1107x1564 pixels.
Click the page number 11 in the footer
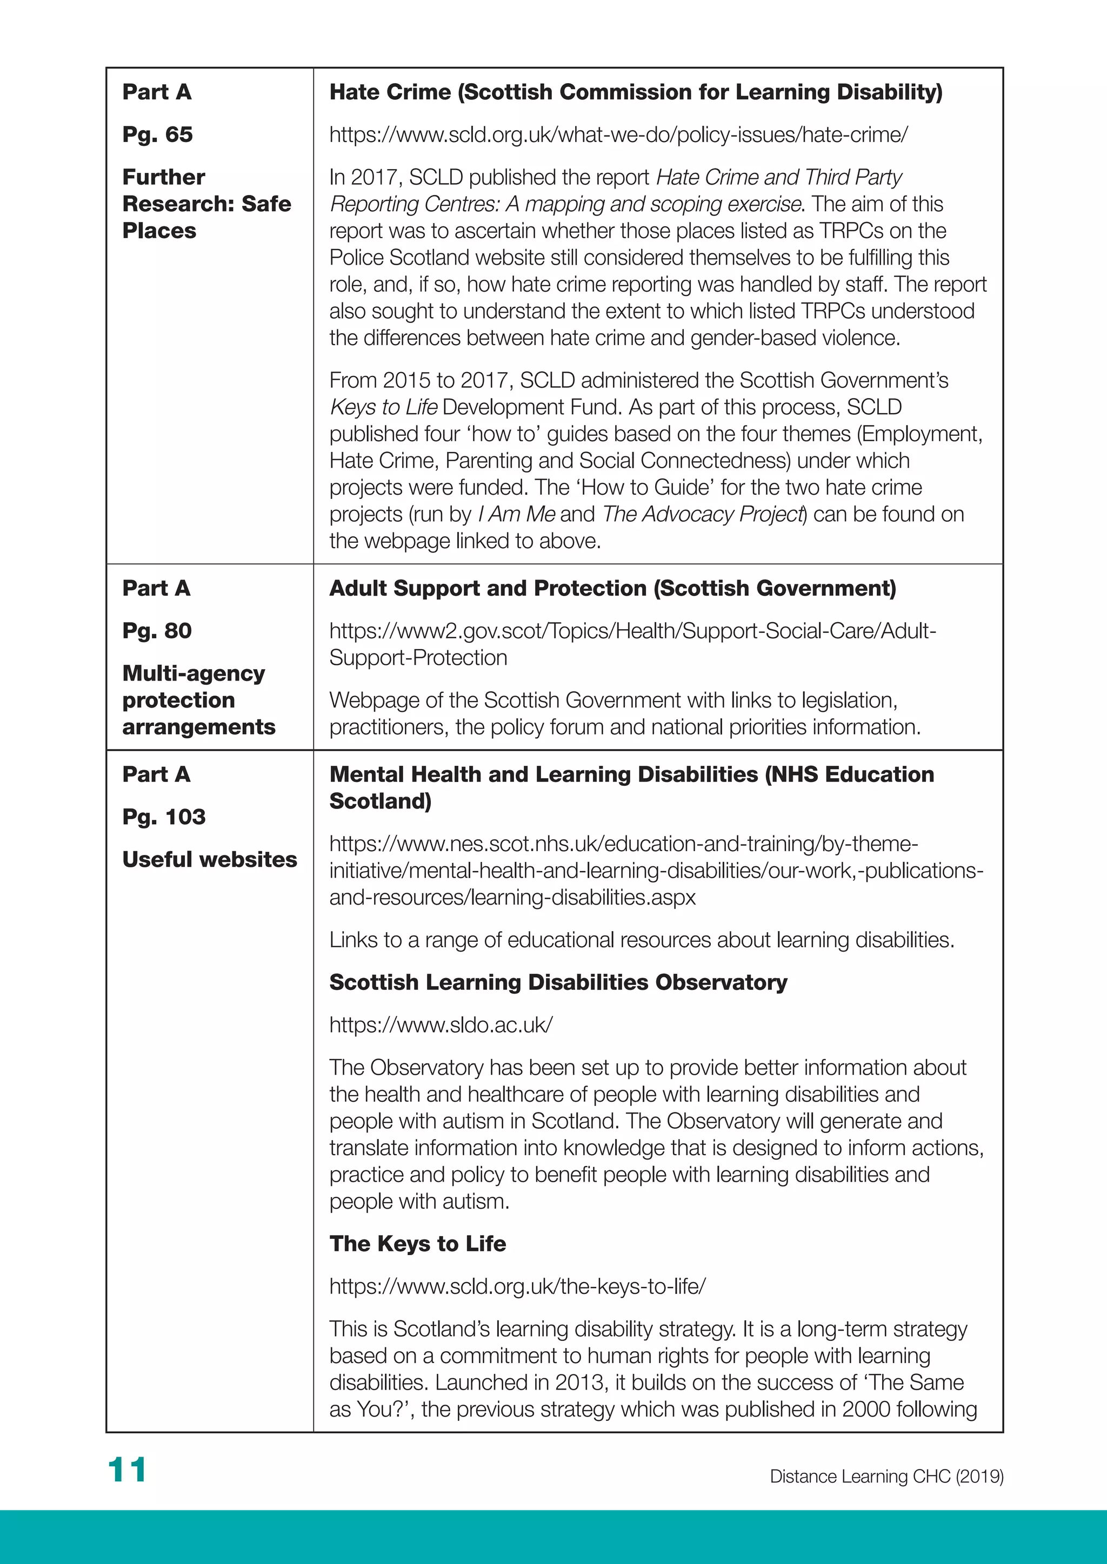tap(127, 1469)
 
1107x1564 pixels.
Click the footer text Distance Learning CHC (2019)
tap(886, 1476)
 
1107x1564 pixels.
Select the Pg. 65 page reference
tap(157, 134)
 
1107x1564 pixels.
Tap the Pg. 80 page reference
tap(157, 630)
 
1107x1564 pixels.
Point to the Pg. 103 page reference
tap(164, 816)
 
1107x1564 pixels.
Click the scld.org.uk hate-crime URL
tap(618, 134)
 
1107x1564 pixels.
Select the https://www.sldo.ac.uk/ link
tap(441, 1024)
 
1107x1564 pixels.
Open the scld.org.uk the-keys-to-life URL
tap(517, 1286)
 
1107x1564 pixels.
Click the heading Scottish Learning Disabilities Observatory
tap(558, 982)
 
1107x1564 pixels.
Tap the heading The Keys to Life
tap(417, 1244)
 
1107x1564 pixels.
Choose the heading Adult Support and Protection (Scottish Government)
tap(612, 588)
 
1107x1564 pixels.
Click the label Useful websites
tap(209, 859)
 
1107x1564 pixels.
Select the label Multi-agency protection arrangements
tap(198, 699)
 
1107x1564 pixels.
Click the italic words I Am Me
tap(516, 514)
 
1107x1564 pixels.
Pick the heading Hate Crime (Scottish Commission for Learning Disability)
tap(635, 92)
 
